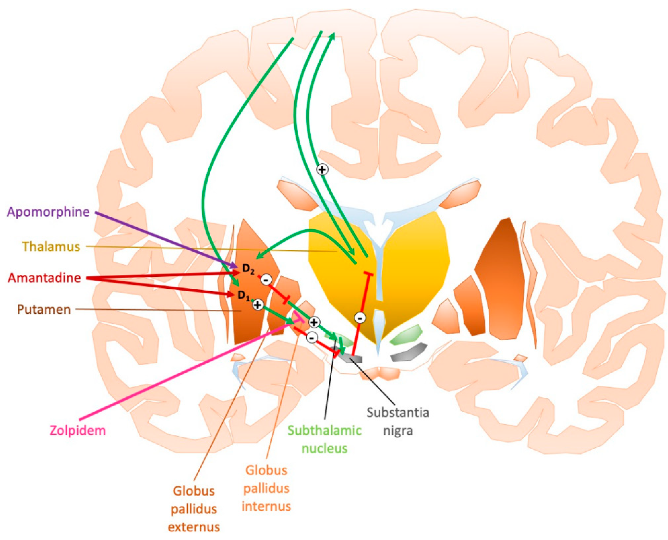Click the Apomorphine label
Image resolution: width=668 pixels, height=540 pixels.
pyautogui.click(x=48, y=212)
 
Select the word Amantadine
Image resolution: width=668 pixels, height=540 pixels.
pyautogui.click(x=44, y=278)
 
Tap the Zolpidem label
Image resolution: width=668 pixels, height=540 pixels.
pyautogui.click(x=78, y=431)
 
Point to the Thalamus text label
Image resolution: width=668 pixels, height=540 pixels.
pyautogui.click(x=51, y=247)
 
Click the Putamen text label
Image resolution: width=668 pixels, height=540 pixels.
pyautogui.click(x=44, y=310)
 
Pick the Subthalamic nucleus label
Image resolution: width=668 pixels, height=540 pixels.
pyautogui.click(x=324, y=439)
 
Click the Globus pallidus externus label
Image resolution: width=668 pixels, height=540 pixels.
pyautogui.click(x=194, y=509)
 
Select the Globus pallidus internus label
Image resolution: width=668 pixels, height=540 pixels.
pyautogui.click(x=266, y=488)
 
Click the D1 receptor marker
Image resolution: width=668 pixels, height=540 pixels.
pyautogui.click(x=244, y=295)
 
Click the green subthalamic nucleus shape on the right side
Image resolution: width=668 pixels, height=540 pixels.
pyautogui.click(x=406, y=335)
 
